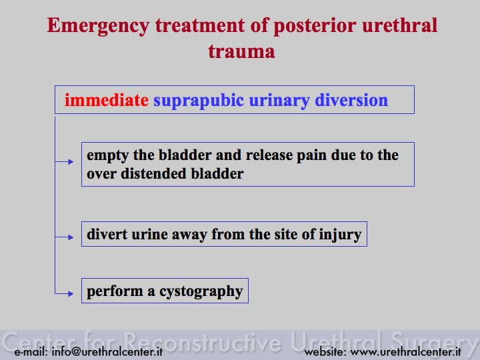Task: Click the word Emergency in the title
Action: (98, 26)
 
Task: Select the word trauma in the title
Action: (241, 51)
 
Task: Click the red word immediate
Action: (106, 100)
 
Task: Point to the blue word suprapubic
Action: (199, 101)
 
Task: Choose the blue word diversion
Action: (351, 100)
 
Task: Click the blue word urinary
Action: (279, 101)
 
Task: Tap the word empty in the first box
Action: (107, 156)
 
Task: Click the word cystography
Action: (201, 292)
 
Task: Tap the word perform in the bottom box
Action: (115, 292)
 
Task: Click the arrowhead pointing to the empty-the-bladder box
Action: (71, 161)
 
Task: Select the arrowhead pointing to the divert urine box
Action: (71, 237)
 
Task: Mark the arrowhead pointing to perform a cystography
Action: (71, 294)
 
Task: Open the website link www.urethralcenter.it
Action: (405, 352)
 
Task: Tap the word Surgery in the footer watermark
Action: (435, 342)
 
